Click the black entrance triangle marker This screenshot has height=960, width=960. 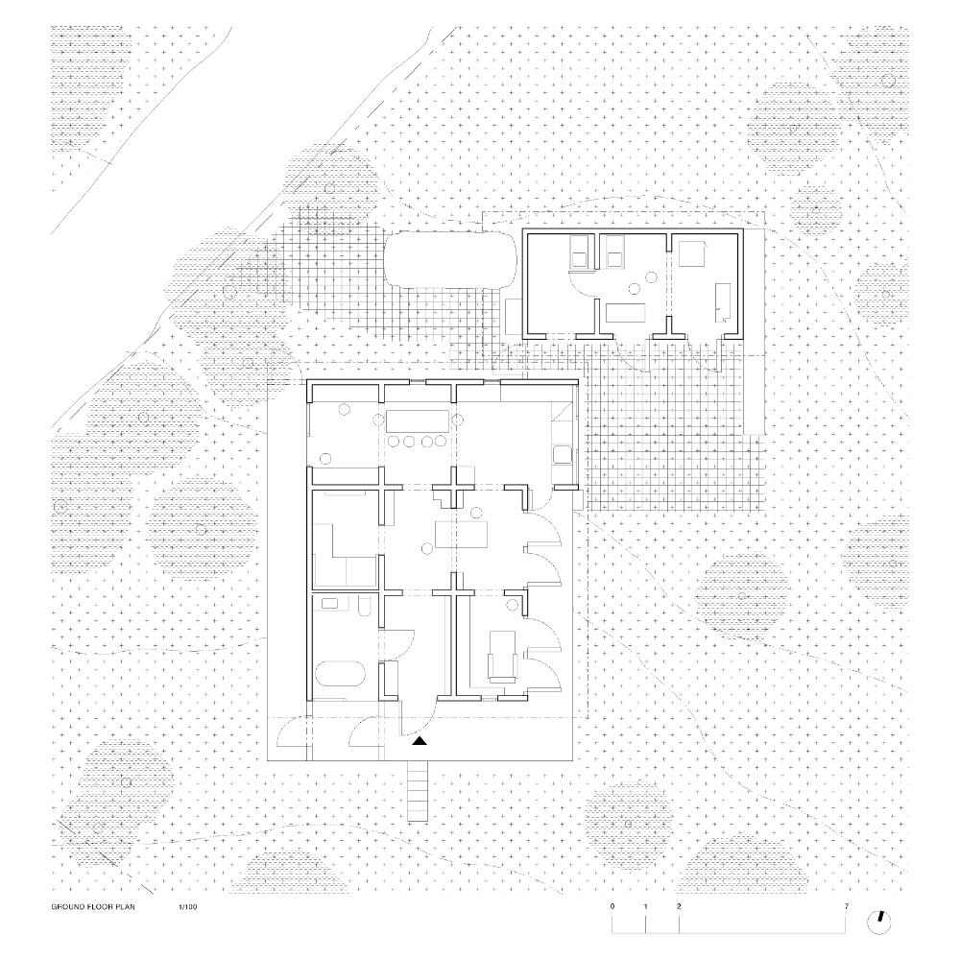(420, 741)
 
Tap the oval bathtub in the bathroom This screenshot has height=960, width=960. (341, 677)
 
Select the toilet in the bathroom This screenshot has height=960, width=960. (364, 606)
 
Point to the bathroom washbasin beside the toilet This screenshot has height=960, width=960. (329, 603)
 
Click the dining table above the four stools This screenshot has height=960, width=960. (417, 420)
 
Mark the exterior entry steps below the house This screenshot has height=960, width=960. (418, 791)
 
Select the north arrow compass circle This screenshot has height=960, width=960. (879, 922)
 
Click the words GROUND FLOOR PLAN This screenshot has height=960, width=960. (93, 907)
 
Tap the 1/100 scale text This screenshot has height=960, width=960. (188, 907)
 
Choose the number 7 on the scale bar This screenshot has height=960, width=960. (847, 906)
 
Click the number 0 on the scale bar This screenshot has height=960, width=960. (612, 906)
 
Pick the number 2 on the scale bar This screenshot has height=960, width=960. (679, 906)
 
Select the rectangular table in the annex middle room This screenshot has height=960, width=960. (627, 312)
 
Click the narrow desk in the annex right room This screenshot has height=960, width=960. (723, 301)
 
